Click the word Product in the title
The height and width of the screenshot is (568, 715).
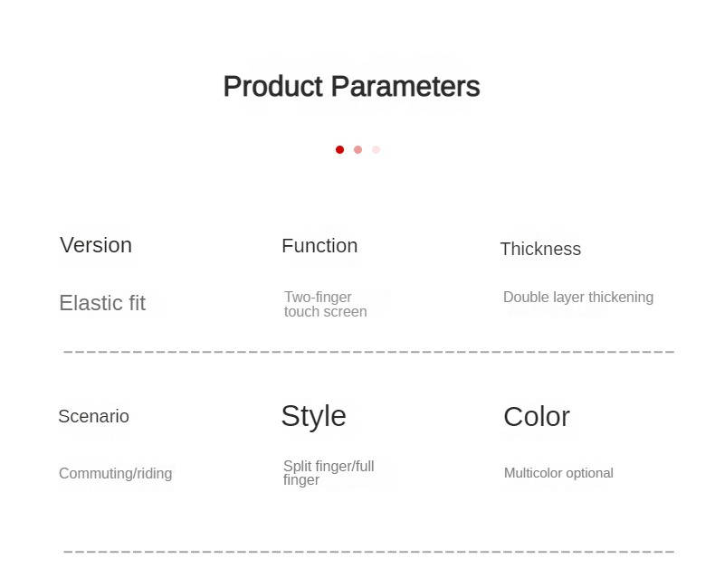coord(273,86)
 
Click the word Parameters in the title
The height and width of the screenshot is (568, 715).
coord(405,86)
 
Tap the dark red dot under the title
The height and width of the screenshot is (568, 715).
coord(339,149)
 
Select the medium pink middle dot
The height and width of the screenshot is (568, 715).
coord(358,149)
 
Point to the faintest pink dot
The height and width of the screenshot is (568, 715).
coord(376,149)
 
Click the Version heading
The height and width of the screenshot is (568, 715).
coord(96,245)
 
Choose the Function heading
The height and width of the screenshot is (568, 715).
coord(319,246)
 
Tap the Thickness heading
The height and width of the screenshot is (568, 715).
coord(540,249)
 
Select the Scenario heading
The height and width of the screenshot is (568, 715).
coord(93,416)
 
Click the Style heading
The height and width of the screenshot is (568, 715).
coord(314,416)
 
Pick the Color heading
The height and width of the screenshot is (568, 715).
coord(537,417)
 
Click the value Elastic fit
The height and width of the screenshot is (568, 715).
coord(102,303)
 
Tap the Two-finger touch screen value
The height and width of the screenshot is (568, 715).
coord(326,304)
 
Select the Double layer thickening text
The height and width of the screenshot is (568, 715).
coord(578,298)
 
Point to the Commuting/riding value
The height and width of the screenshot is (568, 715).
coord(115,474)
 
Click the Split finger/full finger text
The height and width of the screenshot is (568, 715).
coord(329,473)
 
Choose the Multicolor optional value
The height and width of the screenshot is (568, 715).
coord(558,473)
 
